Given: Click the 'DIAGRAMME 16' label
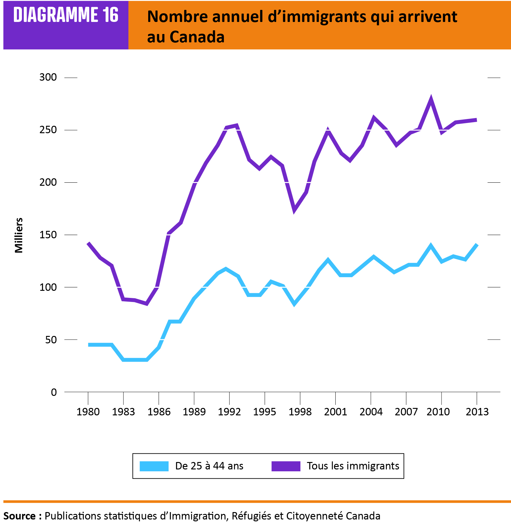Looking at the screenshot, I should tap(66, 15).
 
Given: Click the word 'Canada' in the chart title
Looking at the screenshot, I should tap(197, 37).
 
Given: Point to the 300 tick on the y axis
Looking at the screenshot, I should tap(48, 77).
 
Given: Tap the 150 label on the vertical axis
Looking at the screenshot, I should tap(48, 235).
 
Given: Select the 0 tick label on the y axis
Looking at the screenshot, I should tap(54, 392).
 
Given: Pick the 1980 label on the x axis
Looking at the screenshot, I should tap(88, 412).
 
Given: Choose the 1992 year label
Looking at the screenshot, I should tap(229, 412).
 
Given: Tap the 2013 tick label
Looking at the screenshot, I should tap(477, 412).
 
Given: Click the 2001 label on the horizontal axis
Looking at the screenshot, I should tap(336, 412).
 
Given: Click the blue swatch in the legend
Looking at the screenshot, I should tap(154, 466).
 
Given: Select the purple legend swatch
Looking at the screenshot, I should tap(286, 466).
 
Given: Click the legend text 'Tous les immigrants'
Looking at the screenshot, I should tap(353, 466).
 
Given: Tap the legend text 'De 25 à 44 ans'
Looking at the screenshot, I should tap(209, 466).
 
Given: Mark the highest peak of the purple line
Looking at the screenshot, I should tap(431, 98).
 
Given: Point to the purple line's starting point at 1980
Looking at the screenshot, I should tap(89, 244).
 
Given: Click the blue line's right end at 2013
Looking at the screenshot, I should tap(477, 245).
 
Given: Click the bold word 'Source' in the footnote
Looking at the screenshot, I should tap(19, 516).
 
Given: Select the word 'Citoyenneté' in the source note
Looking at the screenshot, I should tap(314, 516).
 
